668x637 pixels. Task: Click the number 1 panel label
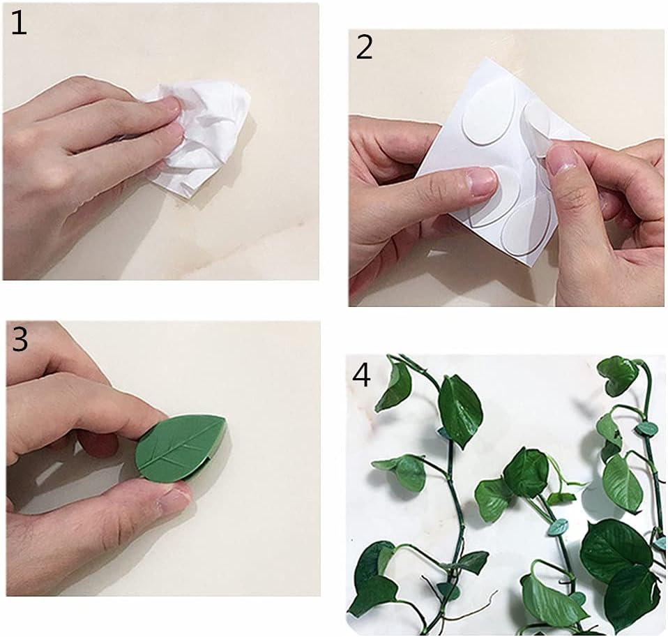[x=18, y=23]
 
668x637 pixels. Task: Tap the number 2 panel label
[x=364, y=47]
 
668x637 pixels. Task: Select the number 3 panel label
[x=20, y=339]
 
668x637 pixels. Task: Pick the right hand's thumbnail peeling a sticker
[x=561, y=158]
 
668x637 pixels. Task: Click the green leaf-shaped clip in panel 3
[x=181, y=449]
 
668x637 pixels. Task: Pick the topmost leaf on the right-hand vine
[x=617, y=375]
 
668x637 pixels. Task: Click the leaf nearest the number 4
[x=394, y=387]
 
